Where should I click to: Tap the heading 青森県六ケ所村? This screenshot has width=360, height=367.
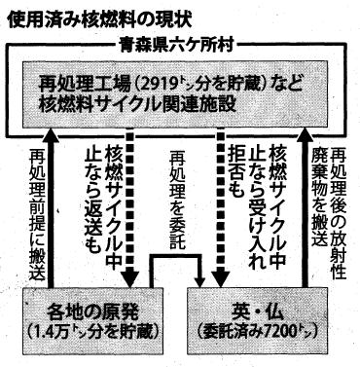177,45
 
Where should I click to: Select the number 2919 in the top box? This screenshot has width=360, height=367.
158,84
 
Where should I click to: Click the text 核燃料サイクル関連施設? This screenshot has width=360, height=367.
137,103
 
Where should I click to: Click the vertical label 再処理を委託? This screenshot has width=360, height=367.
177,201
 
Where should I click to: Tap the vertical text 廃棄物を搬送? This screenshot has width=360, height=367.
319,196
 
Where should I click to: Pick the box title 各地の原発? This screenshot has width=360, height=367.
92,312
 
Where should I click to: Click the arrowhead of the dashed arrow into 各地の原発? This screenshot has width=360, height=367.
129,279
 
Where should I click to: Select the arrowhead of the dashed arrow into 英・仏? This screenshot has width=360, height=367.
221,279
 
